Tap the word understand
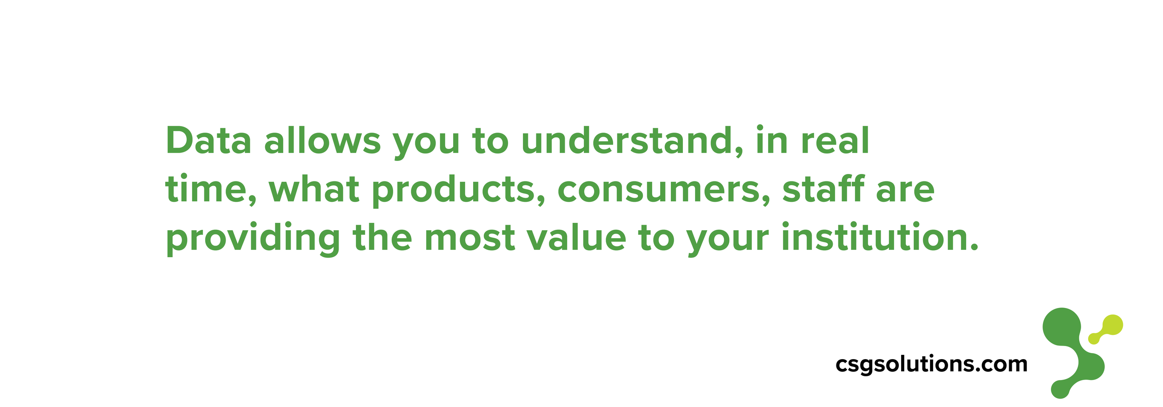631,141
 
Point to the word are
905,191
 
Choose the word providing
253,239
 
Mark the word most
470,238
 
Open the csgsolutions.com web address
931,364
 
